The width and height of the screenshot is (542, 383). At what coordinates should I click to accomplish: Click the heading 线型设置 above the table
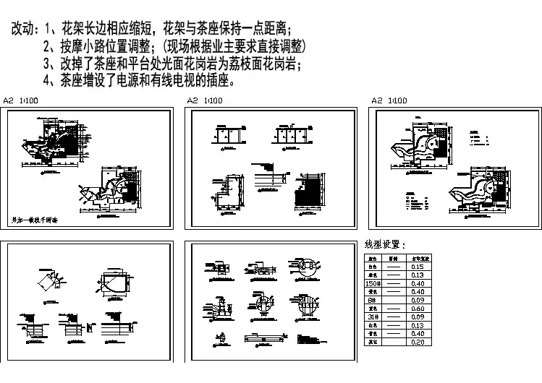pyautogui.click(x=386, y=246)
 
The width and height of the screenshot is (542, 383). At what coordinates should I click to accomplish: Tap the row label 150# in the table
pyautogui.click(x=373, y=283)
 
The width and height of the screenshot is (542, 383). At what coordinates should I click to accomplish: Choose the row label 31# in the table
pyautogui.click(x=373, y=316)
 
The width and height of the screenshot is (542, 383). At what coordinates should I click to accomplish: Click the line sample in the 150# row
pyautogui.click(x=394, y=283)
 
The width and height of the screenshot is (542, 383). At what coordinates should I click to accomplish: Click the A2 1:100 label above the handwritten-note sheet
pyautogui.click(x=22, y=100)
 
